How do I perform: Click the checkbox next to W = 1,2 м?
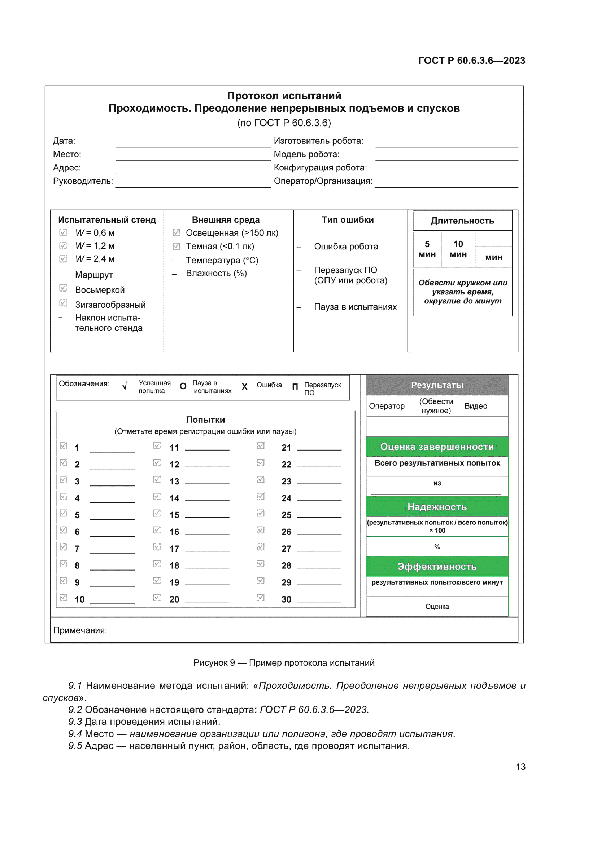coord(63,246)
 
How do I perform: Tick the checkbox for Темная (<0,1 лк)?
coord(176,246)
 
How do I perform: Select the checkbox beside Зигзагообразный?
coord(63,303)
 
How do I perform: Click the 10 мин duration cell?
coord(458,249)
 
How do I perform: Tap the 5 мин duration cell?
coord(427,249)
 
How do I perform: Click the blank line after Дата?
coord(193,143)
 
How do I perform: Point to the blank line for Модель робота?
coord(446,157)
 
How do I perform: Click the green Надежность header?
coord(437,507)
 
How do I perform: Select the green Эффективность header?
coord(437,567)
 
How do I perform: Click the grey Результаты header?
coord(437,385)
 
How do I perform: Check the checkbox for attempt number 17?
coord(157,547)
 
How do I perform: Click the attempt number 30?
coord(286,599)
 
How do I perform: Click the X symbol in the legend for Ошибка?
coord(244,387)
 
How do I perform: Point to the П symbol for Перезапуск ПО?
coord(295,387)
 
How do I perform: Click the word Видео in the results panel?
coord(475,406)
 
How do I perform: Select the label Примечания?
coord(80,630)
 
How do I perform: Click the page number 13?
coord(520,767)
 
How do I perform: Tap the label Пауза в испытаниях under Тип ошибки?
coord(355,307)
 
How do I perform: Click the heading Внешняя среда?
coord(226,220)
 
